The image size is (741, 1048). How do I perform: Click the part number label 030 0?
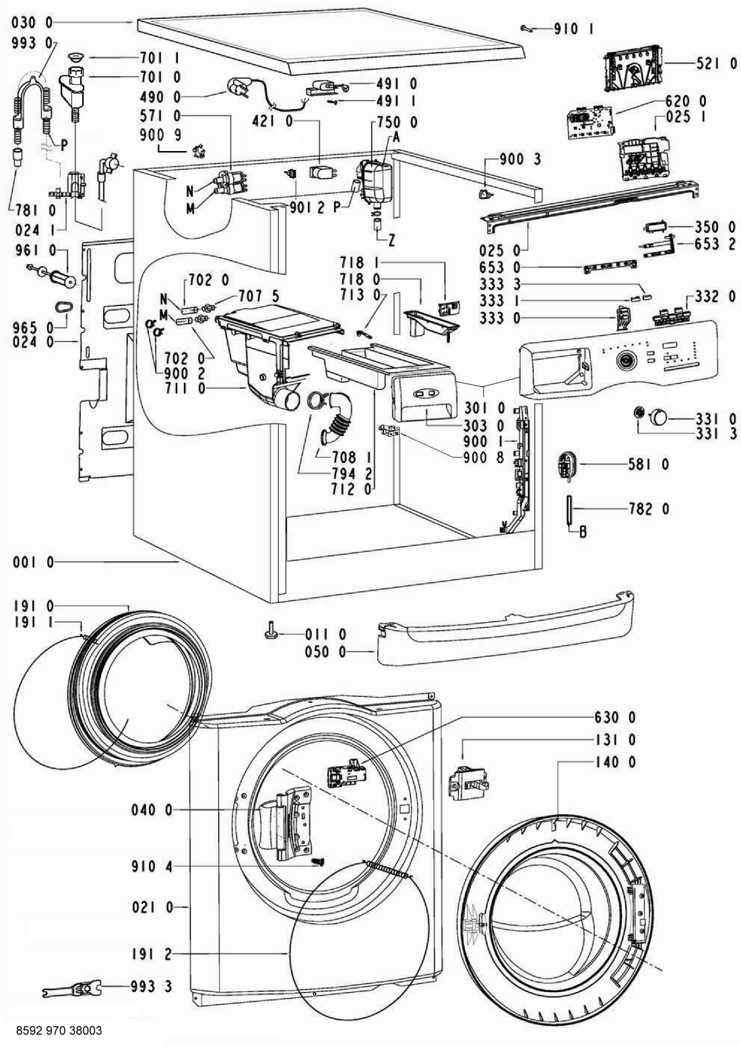click(x=32, y=22)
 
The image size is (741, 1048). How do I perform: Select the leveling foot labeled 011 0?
click(x=271, y=633)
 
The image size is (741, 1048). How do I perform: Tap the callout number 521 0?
click(x=715, y=63)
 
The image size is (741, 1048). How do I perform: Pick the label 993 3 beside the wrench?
click(x=149, y=987)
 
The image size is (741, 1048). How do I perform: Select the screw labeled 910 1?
click(x=527, y=28)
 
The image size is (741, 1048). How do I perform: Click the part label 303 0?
click(x=484, y=426)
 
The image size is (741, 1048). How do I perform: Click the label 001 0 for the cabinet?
click(x=32, y=561)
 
